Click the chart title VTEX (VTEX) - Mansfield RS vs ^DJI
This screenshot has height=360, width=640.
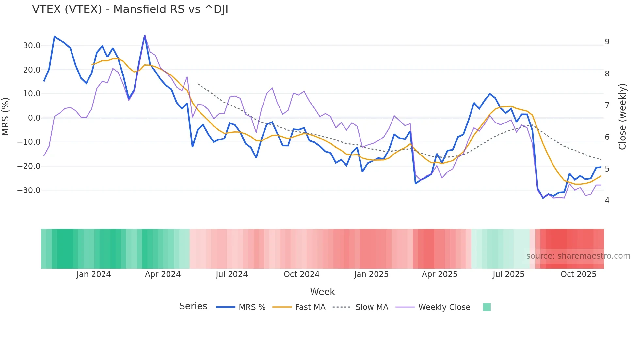[130, 9]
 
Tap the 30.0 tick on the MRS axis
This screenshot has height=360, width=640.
[32, 46]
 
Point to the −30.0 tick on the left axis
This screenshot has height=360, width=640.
[29, 190]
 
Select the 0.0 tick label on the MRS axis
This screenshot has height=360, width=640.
[34, 118]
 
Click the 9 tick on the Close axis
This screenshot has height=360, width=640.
[607, 42]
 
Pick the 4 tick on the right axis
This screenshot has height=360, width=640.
[607, 201]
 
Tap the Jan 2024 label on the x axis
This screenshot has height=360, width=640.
[94, 274]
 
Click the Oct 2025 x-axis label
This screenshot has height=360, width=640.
[578, 274]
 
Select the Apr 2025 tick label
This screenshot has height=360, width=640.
[440, 274]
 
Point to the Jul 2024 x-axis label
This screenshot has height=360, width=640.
[232, 274]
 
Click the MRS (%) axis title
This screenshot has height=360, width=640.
[6, 117]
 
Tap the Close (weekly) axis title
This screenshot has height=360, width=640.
[622, 117]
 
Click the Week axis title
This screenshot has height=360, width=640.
[322, 292]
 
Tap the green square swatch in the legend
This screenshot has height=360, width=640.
[487, 307]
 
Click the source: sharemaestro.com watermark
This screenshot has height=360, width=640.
[578, 256]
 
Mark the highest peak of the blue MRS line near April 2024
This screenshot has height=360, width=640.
[145, 36]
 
